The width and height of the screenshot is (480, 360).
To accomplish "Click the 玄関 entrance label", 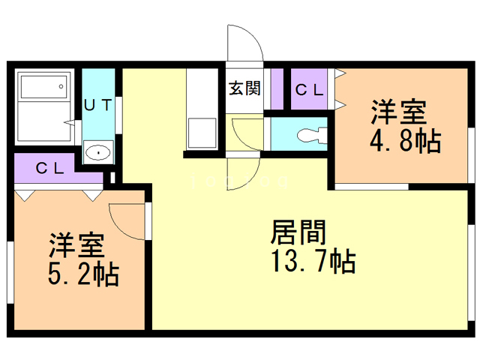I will click(244, 88).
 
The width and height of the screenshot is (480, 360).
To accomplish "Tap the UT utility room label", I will click(98, 105).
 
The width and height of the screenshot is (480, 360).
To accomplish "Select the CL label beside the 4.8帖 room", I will click(309, 89).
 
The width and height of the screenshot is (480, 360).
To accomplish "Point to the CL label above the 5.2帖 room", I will click(50, 168).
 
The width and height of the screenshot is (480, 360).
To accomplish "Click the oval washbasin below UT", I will click(98, 152).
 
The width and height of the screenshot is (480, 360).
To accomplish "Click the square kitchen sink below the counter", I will click(201, 133).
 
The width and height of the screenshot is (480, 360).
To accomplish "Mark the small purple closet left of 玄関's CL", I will click(277, 88).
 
